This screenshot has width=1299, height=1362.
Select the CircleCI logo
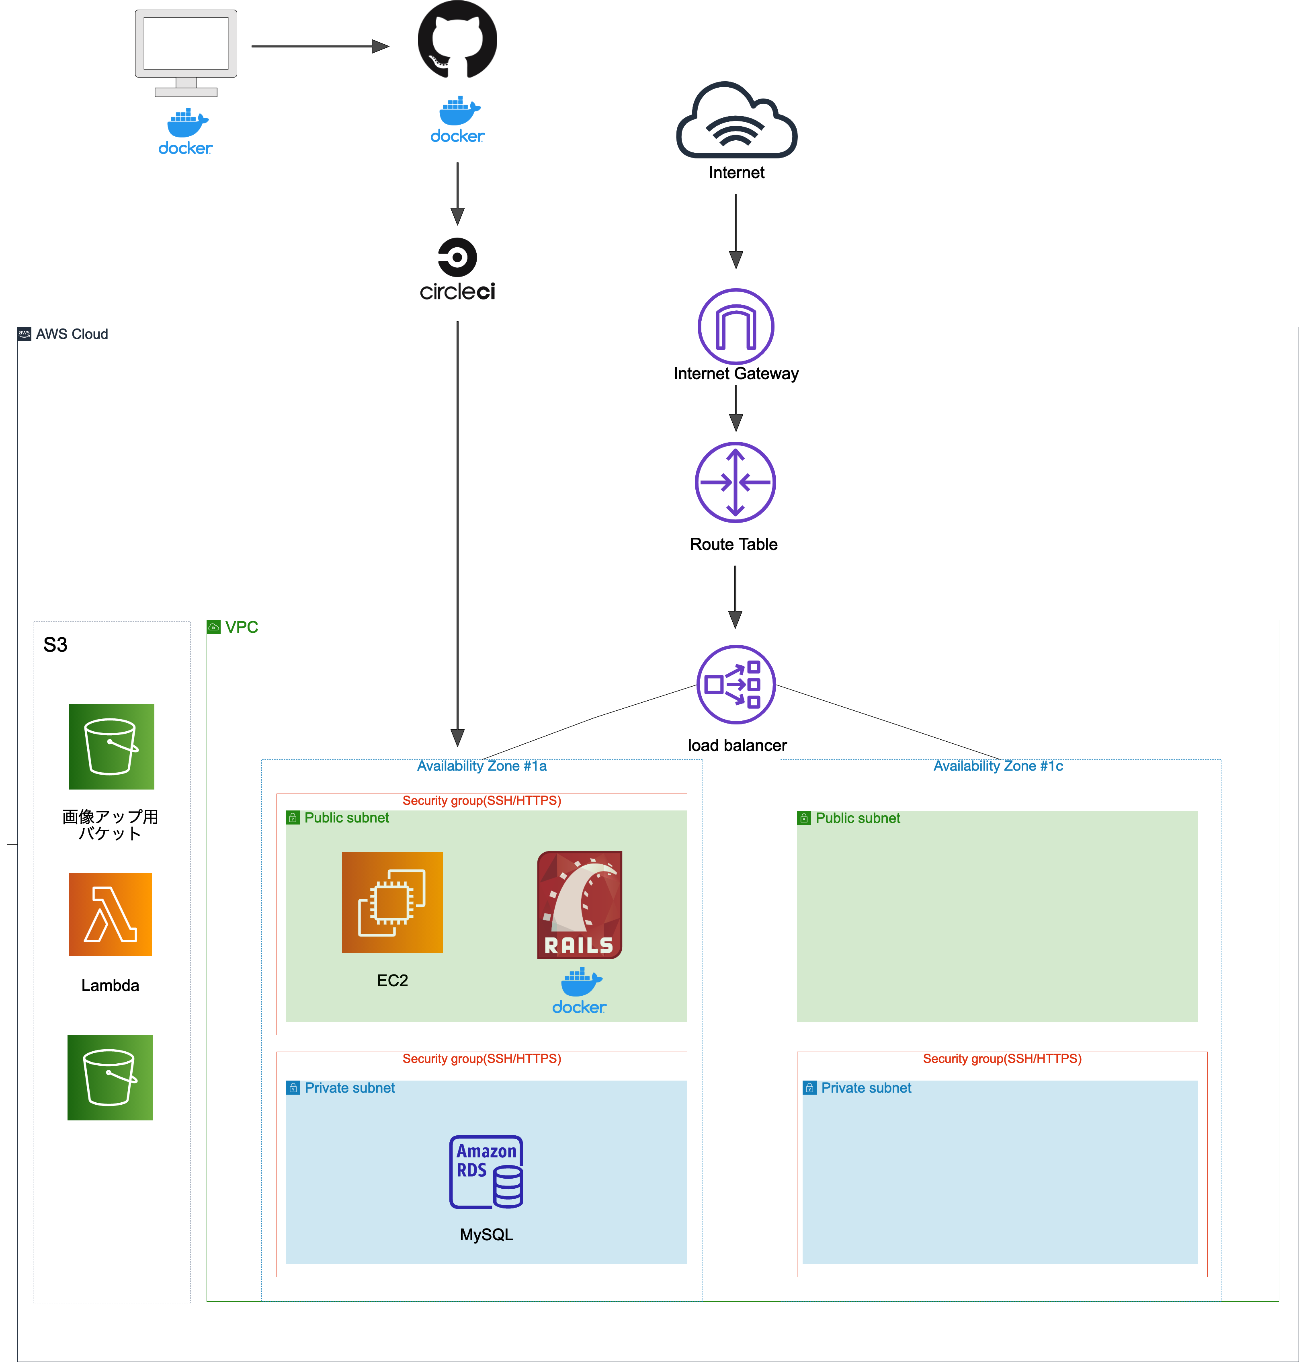(x=457, y=270)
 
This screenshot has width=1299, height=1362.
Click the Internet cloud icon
(x=736, y=123)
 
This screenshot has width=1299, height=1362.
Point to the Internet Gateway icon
(x=736, y=327)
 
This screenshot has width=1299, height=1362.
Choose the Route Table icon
(x=736, y=483)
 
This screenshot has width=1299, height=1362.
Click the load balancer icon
(x=736, y=685)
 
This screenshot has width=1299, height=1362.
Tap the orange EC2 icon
(x=392, y=902)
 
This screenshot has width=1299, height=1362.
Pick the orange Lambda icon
(x=110, y=914)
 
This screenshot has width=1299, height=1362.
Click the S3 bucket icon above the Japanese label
(x=111, y=747)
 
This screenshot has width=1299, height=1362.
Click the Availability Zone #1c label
(x=998, y=766)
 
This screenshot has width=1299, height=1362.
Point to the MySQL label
(x=486, y=1235)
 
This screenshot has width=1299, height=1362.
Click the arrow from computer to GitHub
(x=318, y=46)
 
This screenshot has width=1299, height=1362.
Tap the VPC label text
(x=241, y=628)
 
